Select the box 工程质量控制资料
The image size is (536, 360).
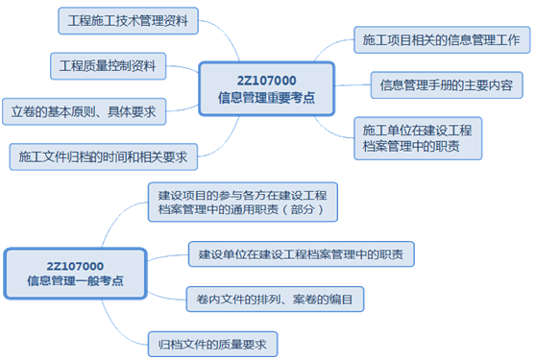[x=108, y=66]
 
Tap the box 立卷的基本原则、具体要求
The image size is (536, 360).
[x=85, y=110]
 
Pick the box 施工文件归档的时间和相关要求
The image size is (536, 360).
[x=102, y=156]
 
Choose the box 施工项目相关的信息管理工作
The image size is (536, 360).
[x=442, y=40]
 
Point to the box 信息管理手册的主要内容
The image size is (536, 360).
[x=445, y=85]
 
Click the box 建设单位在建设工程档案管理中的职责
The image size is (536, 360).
[x=301, y=254]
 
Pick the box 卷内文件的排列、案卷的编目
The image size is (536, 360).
[x=274, y=300]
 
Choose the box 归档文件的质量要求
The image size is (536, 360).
[x=212, y=342]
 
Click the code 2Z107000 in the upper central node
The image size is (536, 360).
[x=266, y=80]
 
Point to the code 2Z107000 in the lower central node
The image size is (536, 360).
[x=75, y=265]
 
